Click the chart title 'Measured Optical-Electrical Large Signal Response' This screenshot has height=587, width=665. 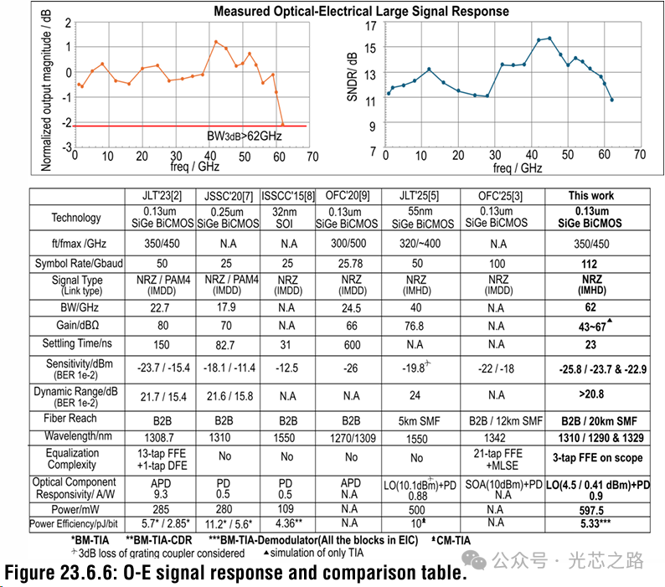(361, 12)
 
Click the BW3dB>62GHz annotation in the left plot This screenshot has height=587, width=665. (244, 135)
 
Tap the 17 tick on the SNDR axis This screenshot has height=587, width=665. (370, 25)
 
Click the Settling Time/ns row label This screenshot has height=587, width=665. (76, 343)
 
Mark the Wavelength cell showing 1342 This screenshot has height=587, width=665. (498, 436)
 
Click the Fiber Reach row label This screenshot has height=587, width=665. (76, 418)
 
